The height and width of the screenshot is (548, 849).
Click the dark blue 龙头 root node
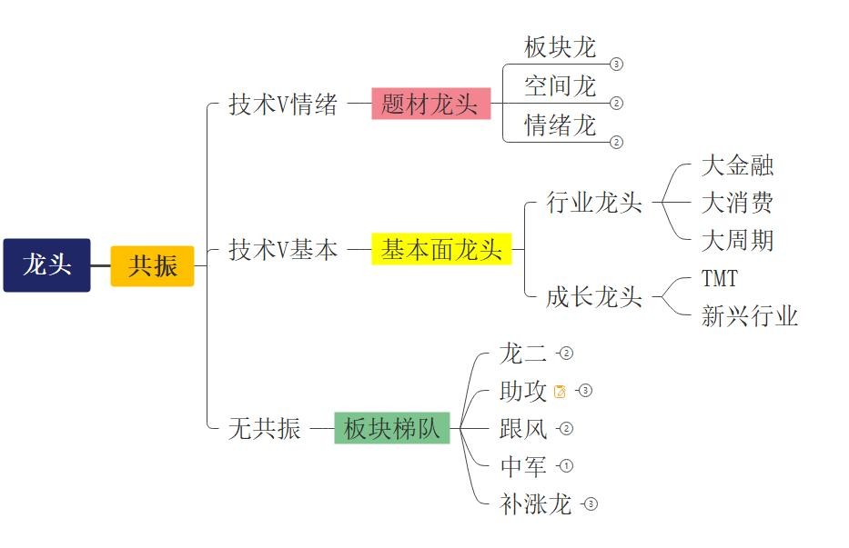(46, 265)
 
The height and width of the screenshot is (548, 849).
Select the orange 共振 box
(152, 266)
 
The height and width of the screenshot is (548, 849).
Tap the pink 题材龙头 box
(430, 104)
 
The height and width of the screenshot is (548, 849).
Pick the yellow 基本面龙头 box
(441, 248)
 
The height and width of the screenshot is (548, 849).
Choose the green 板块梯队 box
(392, 428)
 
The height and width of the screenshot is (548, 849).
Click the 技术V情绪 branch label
(283, 105)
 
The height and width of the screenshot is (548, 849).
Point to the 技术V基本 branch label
(283, 249)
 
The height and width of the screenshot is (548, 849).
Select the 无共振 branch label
(265, 428)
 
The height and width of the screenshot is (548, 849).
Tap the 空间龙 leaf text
(560, 86)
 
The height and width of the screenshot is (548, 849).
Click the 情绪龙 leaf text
(560, 125)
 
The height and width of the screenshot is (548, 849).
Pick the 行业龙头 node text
(594, 202)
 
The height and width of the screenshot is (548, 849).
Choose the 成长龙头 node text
(594, 296)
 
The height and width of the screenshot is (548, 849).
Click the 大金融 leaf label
(737, 165)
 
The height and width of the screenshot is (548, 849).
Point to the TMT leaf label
(719, 277)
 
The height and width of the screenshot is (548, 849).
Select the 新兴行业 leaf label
(749, 315)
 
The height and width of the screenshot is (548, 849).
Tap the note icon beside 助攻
(560, 392)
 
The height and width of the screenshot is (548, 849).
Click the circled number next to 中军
(566, 466)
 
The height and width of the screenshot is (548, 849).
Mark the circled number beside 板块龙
(617, 65)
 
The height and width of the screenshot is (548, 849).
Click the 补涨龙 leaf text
(535, 504)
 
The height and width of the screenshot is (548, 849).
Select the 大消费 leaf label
(737, 202)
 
